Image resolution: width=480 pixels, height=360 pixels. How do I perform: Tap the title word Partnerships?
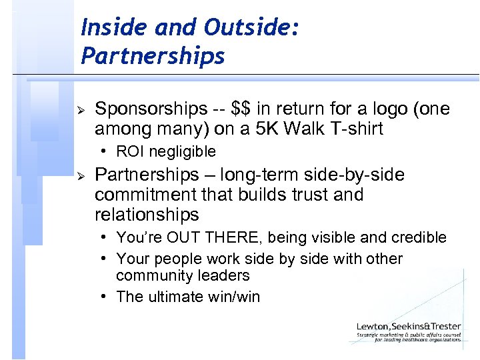[153, 56]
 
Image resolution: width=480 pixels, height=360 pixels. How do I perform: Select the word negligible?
[183, 152]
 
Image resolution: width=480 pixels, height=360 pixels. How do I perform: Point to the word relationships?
[147, 215]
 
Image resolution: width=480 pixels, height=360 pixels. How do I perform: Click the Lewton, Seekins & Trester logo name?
[408, 326]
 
